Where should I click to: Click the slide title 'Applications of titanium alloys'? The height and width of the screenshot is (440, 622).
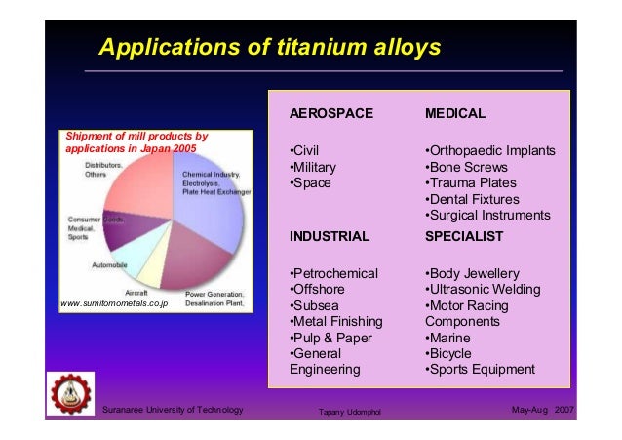[272, 47]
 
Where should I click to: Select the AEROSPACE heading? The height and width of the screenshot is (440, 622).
[331, 114]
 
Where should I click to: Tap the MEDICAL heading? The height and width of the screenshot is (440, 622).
[455, 114]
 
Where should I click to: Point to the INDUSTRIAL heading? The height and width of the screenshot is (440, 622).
[330, 236]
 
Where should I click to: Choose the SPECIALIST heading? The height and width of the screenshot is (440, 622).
[464, 236]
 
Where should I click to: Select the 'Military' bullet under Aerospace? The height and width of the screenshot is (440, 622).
[313, 167]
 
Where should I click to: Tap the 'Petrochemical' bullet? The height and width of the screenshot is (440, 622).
[333, 273]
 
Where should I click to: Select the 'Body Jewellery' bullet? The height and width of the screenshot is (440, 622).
[473, 273]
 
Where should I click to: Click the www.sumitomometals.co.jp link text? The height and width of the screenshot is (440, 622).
[114, 303]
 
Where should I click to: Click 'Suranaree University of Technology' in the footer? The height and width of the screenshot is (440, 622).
[173, 408]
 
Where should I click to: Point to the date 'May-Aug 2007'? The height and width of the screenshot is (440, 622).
[542, 408]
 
